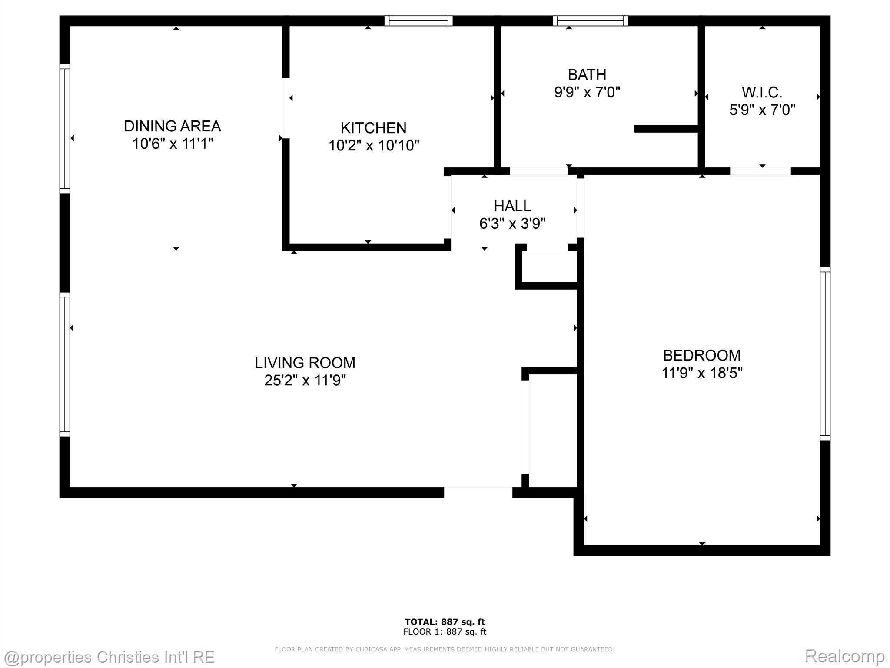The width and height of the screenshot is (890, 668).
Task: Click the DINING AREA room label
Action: tap(173, 126)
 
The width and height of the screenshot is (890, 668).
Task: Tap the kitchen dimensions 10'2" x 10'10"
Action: tap(374, 145)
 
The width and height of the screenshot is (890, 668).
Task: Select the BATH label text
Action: tap(587, 75)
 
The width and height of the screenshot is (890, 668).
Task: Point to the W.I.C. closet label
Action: tap(762, 92)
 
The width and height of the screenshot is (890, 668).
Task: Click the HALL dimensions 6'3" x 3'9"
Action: tap(512, 224)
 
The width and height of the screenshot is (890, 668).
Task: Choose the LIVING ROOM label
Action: tap(305, 363)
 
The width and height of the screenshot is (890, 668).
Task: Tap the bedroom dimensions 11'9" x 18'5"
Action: tap(702, 373)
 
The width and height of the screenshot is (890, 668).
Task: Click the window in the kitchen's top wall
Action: tap(418, 20)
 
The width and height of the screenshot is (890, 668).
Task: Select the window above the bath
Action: tap(590, 20)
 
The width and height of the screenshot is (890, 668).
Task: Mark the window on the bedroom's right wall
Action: tap(825, 354)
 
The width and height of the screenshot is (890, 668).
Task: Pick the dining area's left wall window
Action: tap(64, 129)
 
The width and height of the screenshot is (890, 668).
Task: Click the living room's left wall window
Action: tap(64, 364)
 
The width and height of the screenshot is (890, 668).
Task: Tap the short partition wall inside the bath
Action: tap(666, 129)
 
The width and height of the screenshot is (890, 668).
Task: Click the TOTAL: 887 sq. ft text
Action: tap(445, 621)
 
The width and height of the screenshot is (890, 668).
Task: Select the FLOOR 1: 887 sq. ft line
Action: tap(445, 632)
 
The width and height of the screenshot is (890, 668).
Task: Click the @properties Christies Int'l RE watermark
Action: tap(109, 657)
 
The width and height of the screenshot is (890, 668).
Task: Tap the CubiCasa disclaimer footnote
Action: tap(445, 649)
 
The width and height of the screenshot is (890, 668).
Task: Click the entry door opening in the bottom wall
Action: tap(478, 492)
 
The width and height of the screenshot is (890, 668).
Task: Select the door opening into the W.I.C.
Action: tap(760, 171)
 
